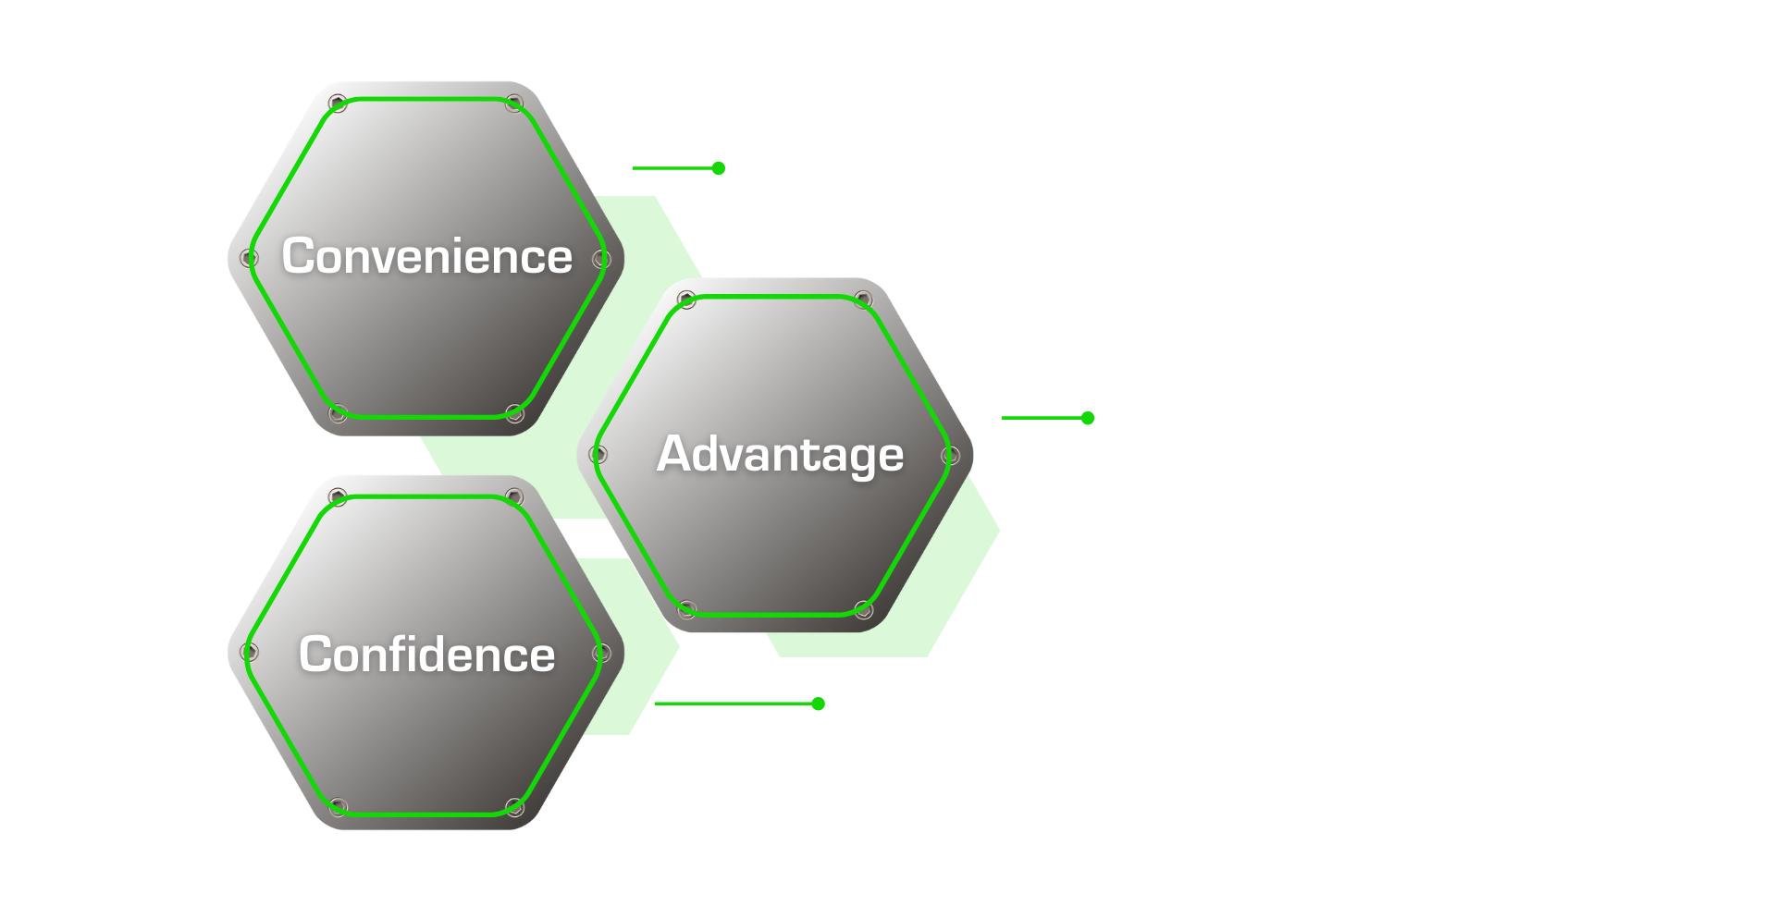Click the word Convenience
[x=427, y=256]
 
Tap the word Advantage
[x=781, y=455]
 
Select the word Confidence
[x=427, y=655]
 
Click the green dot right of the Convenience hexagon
[x=719, y=168]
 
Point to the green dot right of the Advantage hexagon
[x=1088, y=418]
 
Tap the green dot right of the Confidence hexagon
[x=818, y=704]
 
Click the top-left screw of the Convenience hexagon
[x=338, y=103]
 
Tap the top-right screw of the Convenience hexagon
[x=514, y=103]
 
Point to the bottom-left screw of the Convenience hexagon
[x=338, y=412]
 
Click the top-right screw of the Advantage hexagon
[x=863, y=300]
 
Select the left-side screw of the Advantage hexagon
[x=598, y=454]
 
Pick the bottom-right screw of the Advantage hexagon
[x=863, y=609]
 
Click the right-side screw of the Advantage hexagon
[x=951, y=455]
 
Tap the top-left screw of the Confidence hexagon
[x=338, y=497]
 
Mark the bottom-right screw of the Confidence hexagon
[x=514, y=807]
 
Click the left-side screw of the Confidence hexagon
[x=249, y=652]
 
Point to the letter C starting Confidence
[x=315, y=655]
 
